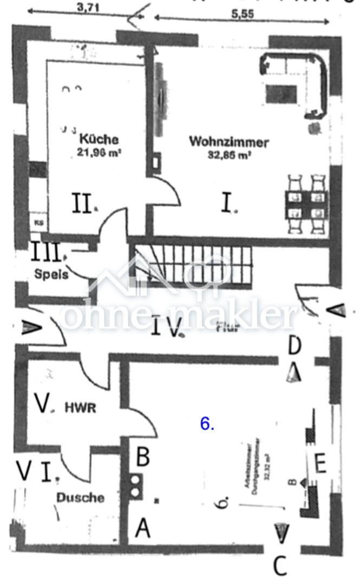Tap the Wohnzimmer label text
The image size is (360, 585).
point(229,142)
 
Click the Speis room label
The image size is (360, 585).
point(51,275)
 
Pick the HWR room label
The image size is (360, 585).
point(81,407)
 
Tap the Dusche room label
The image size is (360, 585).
point(81,497)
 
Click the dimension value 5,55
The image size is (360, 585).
point(243,15)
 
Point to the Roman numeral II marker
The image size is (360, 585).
point(82,205)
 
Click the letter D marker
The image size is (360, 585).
point(294,344)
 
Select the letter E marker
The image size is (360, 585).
point(320,464)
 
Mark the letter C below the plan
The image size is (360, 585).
point(280,567)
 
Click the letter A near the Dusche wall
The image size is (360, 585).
point(142,528)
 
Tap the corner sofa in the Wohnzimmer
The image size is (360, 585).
point(295,81)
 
